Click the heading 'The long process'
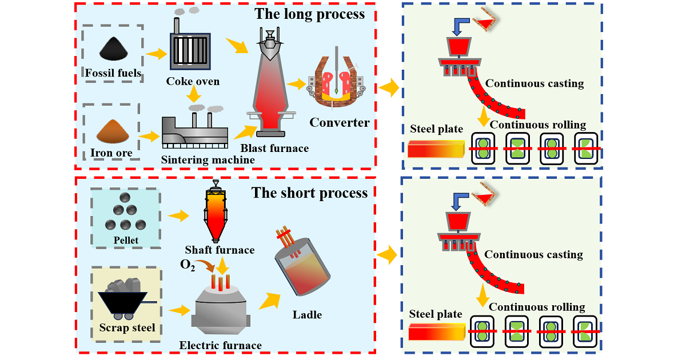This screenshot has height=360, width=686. (309, 14)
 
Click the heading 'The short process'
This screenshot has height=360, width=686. (310, 193)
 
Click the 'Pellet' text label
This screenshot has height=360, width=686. (126, 240)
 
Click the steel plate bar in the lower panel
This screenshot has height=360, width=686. (436, 332)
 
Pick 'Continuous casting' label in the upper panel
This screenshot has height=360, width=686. (534, 83)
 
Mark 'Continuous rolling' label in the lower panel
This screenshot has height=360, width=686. (537, 307)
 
